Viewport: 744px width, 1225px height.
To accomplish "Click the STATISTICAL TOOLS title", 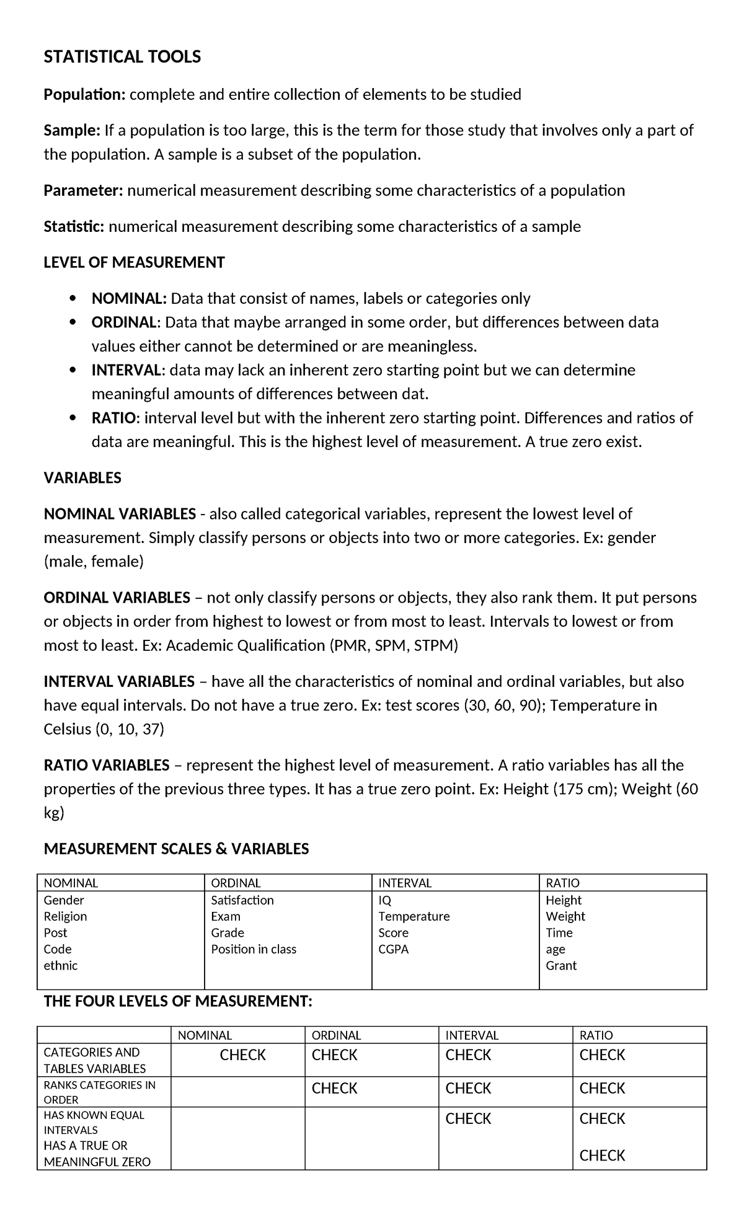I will tap(122, 57).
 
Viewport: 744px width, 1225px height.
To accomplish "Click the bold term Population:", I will tap(85, 94).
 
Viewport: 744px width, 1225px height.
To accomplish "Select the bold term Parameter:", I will tap(84, 190).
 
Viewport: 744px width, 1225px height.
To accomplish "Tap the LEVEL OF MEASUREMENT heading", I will tap(134, 262).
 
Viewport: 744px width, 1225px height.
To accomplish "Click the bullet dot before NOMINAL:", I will tap(74, 299).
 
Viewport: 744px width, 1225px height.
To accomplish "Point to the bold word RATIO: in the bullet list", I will tap(116, 418).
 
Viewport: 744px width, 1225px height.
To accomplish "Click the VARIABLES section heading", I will tap(82, 478).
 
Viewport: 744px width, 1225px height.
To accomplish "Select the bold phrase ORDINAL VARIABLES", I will tap(117, 598).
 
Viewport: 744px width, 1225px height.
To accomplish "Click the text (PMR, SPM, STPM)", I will tap(393, 646).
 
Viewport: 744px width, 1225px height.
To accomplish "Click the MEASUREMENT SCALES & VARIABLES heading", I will tap(176, 849).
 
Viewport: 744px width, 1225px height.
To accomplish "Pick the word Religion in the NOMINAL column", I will tap(65, 916).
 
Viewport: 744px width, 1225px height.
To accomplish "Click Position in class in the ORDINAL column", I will tap(254, 949).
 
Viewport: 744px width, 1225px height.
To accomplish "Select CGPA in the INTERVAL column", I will tap(394, 949).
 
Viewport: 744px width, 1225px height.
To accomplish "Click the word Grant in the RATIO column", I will tap(561, 965).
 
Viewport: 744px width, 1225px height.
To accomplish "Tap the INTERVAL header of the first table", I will tap(405, 883).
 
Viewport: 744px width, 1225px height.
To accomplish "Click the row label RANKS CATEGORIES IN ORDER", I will tap(99, 1092).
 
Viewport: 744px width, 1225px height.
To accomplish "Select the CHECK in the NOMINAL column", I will tap(242, 1055).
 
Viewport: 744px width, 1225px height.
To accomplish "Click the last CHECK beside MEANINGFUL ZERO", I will tap(602, 1156).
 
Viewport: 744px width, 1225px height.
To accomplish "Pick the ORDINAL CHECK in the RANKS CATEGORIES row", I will tap(334, 1089).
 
